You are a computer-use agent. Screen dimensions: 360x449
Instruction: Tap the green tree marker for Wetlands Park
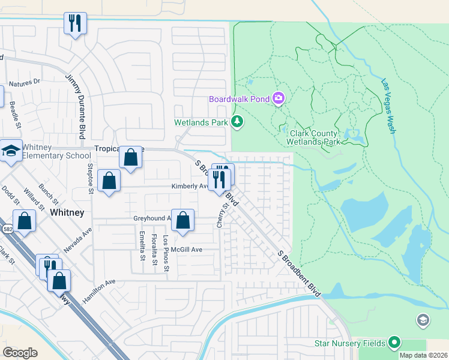[238, 122]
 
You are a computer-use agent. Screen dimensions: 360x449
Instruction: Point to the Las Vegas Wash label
[388, 106]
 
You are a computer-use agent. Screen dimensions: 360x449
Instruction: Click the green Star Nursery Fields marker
[394, 343]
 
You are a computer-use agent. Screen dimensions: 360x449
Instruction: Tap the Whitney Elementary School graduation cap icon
[11, 151]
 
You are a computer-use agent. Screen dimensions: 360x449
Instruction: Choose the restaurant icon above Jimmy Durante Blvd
[76, 24]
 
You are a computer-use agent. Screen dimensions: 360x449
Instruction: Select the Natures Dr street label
[25, 81]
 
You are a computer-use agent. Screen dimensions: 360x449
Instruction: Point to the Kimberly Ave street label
[189, 186]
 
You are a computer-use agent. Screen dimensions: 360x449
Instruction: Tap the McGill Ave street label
[187, 249]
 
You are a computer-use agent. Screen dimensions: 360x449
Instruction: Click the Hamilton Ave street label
[99, 291]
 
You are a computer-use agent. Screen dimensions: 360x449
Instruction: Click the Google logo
[20, 352]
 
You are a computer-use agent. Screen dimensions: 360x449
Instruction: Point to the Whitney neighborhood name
[67, 213]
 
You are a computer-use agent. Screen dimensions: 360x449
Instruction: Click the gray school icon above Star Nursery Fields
[423, 320]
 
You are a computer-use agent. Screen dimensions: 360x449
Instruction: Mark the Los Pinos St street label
[166, 247]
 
